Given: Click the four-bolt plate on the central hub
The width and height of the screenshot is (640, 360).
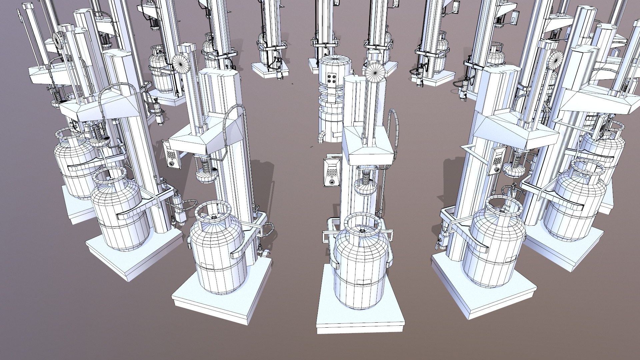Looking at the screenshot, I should [x=332, y=81].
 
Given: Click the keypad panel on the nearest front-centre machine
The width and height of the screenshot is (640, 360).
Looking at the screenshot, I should [x=332, y=172].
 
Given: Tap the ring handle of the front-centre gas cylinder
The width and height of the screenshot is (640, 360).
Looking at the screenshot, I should [x=361, y=222].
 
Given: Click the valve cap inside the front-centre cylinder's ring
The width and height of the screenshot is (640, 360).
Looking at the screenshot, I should [x=361, y=230].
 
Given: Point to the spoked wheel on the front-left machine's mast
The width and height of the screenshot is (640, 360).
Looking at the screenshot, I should [x=181, y=63].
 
